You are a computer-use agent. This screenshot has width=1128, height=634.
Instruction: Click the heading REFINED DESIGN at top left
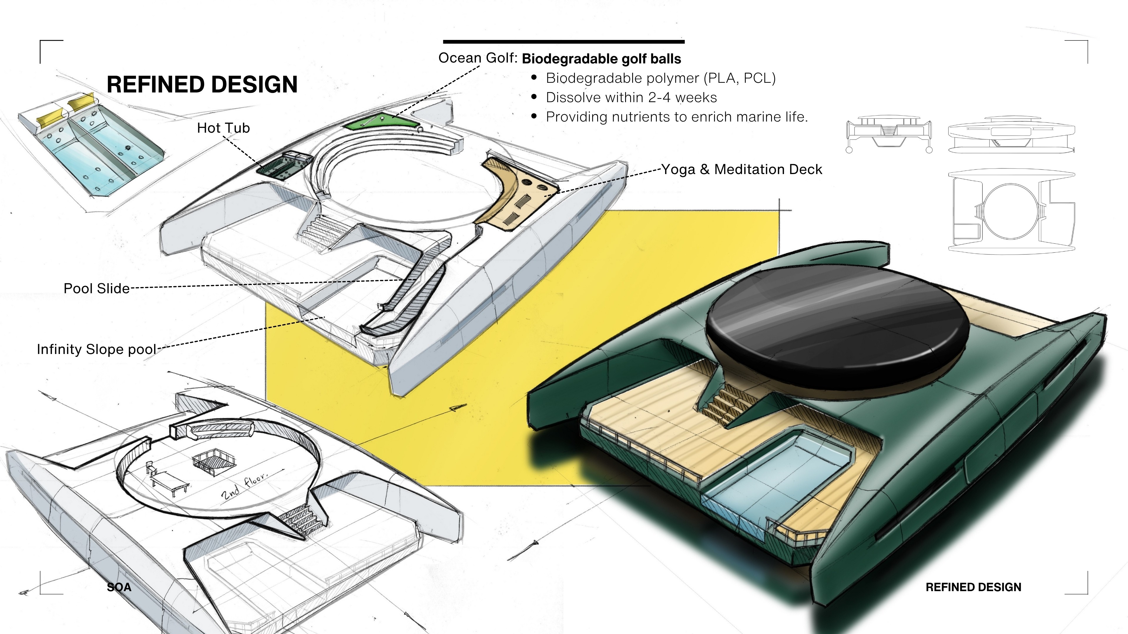202,85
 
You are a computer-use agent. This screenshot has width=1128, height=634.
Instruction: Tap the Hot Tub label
223,128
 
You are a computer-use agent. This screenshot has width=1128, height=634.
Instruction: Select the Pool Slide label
96,288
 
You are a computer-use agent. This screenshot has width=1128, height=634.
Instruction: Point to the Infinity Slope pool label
96,349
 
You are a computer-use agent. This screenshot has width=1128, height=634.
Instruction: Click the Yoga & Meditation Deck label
741,169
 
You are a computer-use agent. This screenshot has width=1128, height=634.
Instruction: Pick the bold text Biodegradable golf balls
601,59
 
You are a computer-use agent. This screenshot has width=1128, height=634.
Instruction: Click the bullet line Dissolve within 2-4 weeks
631,97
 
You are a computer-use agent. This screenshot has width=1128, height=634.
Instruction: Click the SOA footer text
119,587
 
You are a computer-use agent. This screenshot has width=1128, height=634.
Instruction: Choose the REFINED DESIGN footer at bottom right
973,587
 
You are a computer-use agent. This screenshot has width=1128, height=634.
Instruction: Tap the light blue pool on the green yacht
771,475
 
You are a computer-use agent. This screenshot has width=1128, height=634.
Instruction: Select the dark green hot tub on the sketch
284,165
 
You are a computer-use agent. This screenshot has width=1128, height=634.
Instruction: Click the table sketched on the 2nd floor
170,480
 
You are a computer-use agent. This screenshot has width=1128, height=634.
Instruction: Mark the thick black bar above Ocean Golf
564,42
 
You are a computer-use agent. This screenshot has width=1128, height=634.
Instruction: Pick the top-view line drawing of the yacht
1011,212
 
